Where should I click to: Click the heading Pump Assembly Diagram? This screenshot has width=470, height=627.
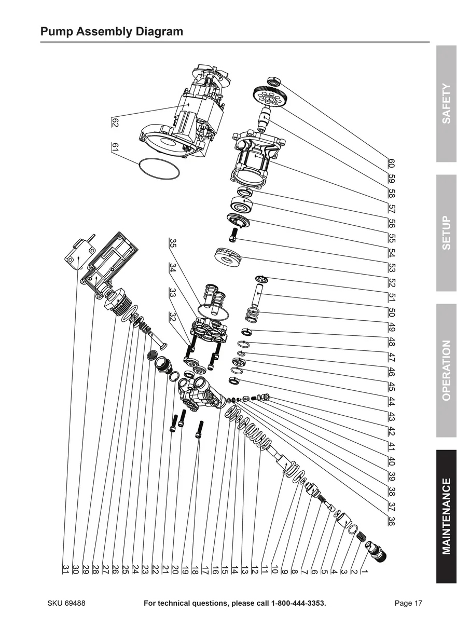click(x=112, y=32)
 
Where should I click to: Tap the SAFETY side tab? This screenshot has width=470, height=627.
click(x=446, y=104)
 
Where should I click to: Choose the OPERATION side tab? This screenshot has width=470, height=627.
click(x=446, y=370)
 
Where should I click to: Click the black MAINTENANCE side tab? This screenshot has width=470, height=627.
click(x=446, y=516)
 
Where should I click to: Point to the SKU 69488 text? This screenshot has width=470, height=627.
click(x=66, y=603)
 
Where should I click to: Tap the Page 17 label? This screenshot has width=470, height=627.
click(x=409, y=603)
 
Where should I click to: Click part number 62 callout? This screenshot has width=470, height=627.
click(x=115, y=122)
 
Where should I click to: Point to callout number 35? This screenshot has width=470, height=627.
click(x=173, y=243)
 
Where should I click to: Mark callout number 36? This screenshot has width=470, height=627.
click(x=391, y=521)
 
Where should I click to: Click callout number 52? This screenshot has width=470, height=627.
click(x=391, y=283)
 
